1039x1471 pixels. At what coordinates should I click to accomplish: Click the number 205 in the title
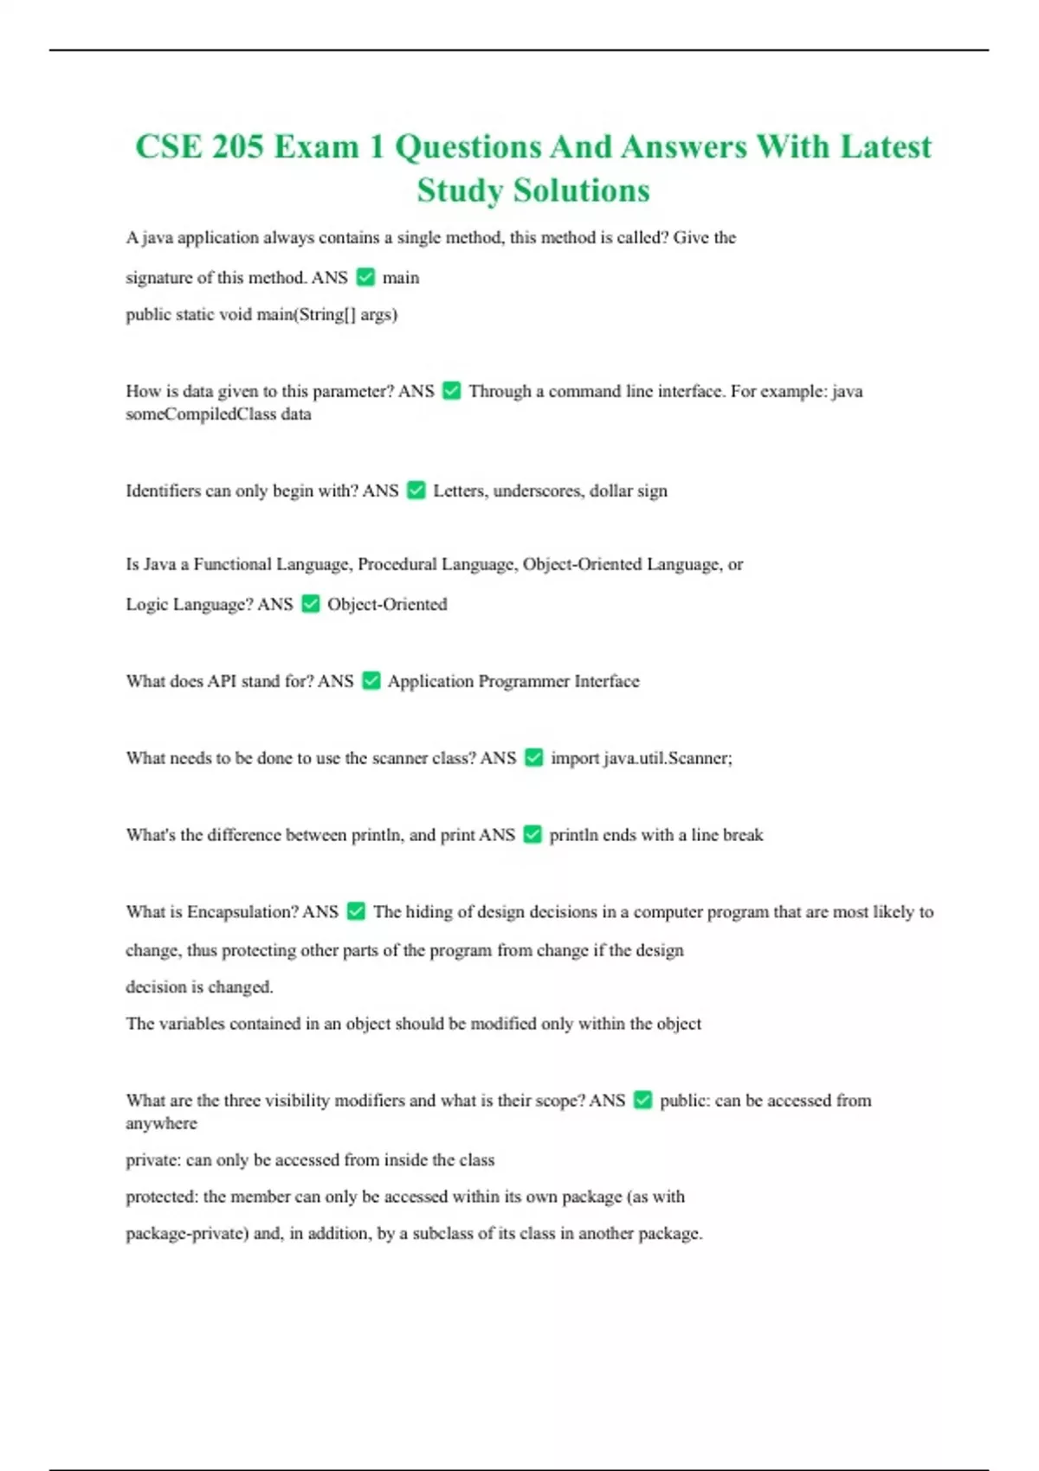[x=237, y=146]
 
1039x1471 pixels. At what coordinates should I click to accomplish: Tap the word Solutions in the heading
[x=581, y=190]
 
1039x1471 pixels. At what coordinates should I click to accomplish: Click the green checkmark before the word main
[x=365, y=277]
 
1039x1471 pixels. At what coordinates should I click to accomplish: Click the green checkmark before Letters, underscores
[x=416, y=491]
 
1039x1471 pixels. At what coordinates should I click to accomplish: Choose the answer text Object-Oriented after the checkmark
[x=387, y=604]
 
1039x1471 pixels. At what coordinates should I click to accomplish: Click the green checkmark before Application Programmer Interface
[x=371, y=681]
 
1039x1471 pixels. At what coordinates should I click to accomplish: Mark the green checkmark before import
[x=533, y=758]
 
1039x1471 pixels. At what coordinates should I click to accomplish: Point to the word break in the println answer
[x=743, y=835]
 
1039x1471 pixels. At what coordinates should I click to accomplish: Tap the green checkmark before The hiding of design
[x=355, y=911]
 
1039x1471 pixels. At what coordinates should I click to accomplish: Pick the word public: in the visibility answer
[x=685, y=1101]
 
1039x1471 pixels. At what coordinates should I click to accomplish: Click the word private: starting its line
[x=153, y=1160]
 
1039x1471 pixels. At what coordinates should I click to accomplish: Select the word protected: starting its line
[x=162, y=1197]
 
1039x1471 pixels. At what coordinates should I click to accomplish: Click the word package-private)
[x=187, y=1234]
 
